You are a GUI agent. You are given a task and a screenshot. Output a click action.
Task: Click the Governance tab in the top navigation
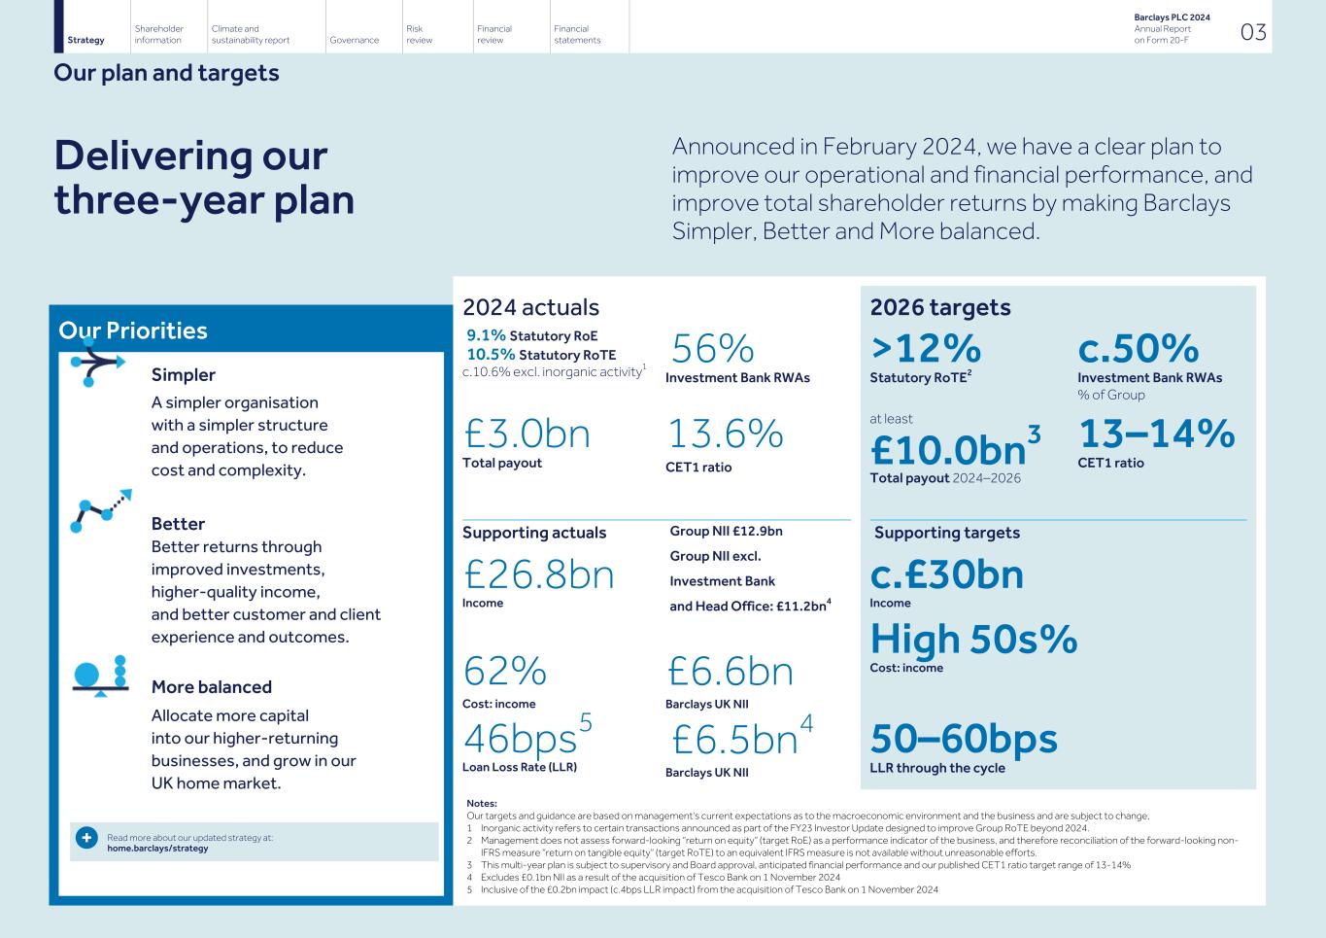click(x=354, y=40)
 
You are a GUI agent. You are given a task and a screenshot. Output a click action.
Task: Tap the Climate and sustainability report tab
click(x=250, y=35)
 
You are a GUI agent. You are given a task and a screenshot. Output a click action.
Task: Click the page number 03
click(x=1253, y=32)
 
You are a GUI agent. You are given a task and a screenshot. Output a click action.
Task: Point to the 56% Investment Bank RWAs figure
click(x=712, y=349)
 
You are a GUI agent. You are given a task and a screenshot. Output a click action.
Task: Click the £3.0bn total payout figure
click(x=527, y=434)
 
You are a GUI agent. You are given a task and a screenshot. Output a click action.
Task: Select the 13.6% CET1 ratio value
click(x=725, y=434)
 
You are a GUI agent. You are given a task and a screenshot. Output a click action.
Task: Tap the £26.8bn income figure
click(x=538, y=574)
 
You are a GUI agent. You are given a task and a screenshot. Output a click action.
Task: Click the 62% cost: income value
click(x=504, y=672)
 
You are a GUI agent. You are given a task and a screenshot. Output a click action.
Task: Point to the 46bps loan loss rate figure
click(x=520, y=740)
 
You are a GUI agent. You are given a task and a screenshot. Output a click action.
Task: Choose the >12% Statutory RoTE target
click(x=925, y=348)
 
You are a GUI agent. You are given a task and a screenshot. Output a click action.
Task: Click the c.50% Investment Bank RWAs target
click(x=1138, y=348)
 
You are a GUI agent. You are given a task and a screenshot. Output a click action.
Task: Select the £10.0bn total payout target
click(x=948, y=450)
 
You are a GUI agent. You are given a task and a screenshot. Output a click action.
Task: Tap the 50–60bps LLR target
click(x=963, y=739)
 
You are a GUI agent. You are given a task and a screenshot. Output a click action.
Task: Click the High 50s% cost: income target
click(x=973, y=639)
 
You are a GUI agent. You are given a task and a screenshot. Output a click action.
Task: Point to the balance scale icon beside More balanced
click(x=100, y=676)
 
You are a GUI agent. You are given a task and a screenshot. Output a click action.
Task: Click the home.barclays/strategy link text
click(x=156, y=849)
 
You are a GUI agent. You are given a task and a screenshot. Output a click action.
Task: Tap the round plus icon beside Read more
click(x=85, y=838)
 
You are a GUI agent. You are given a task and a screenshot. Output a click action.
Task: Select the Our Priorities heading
click(x=133, y=330)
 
